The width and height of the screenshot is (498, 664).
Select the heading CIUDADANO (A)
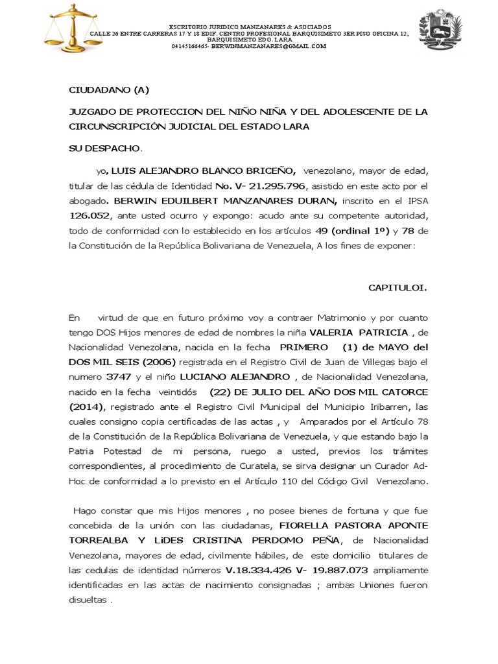[x=110, y=89]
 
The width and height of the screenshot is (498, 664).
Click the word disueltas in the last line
[x=88, y=599]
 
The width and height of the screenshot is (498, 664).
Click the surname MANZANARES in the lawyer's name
[x=259, y=200]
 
